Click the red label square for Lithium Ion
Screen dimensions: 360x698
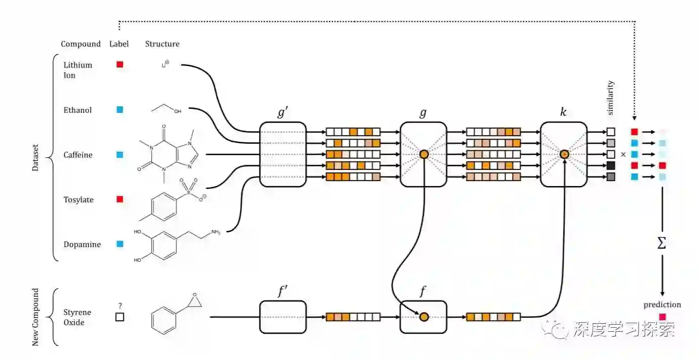click(x=120, y=65)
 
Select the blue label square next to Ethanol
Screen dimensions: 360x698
click(x=120, y=109)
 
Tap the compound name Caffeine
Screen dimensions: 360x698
click(x=78, y=155)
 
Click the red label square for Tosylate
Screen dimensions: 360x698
click(x=120, y=199)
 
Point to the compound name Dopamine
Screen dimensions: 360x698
click(x=82, y=245)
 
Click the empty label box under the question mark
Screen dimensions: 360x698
click(x=120, y=317)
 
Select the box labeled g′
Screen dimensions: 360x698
click(x=283, y=154)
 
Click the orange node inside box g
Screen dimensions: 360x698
click(x=424, y=154)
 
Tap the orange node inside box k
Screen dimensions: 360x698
click(x=564, y=154)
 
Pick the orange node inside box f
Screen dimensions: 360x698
click(x=424, y=317)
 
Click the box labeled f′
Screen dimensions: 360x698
click(x=283, y=317)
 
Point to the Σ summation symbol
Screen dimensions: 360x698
click(x=662, y=244)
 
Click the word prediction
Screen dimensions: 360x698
click(x=662, y=305)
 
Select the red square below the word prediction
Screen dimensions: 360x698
click(x=662, y=317)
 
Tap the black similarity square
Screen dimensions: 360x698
click(x=611, y=165)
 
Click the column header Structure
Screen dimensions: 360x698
click(x=162, y=44)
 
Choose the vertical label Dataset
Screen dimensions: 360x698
click(x=35, y=158)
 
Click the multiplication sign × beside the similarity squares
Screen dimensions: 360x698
click(x=623, y=154)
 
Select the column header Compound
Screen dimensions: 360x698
click(x=81, y=44)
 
